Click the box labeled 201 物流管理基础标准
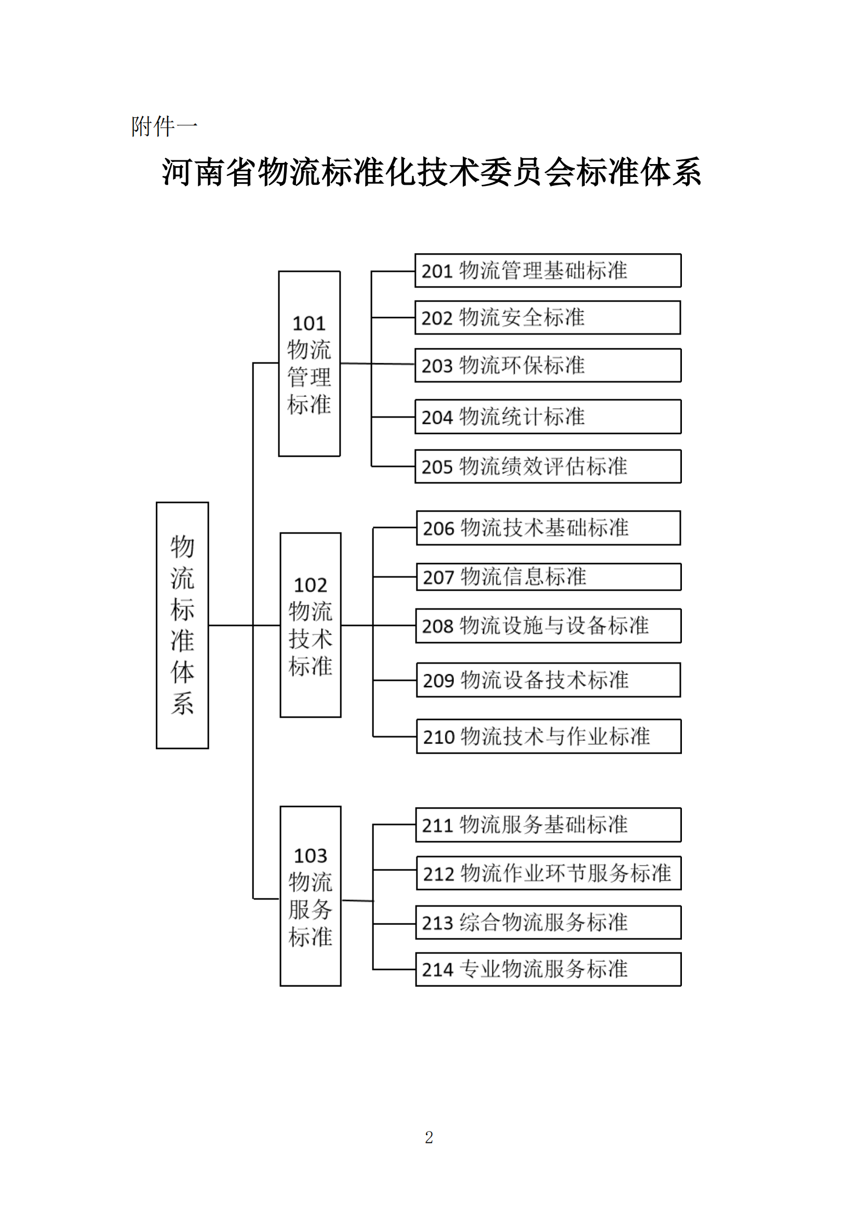pyautogui.click(x=547, y=271)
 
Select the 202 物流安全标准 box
pyautogui.click(x=547, y=318)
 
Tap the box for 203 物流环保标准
pyautogui.click(x=547, y=365)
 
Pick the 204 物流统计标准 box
pyautogui.click(x=547, y=417)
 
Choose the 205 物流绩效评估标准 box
pyautogui.click(x=547, y=467)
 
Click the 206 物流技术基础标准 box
pyautogui.click(x=548, y=528)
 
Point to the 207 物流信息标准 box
pyautogui.click(x=548, y=577)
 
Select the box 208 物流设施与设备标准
pyautogui.click(x=548, y=626)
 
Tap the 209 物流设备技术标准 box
pyautogui.click(x=548, y=680)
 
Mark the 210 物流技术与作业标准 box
pyautogui.click(x=548, y=736)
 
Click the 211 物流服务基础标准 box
pyautogui.click(x=548, y=825)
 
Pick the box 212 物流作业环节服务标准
pyautogui.click(x=548, y=874)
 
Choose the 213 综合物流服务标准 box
pyautogui.click(x=548, y=923)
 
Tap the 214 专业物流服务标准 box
pyautogui.click(x=548, y=970)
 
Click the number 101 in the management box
pyautogui.click(x=309, y=323)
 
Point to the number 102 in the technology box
pyautogui.click(x=311, y=585)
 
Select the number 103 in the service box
pyautogui.click(x=311, y=856)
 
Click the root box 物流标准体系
pyautogui.click(x=182, y=625)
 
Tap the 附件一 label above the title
pyautogui.click(x=164, y=127)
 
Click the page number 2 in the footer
pyautogui.click(x=429, y=1138)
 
